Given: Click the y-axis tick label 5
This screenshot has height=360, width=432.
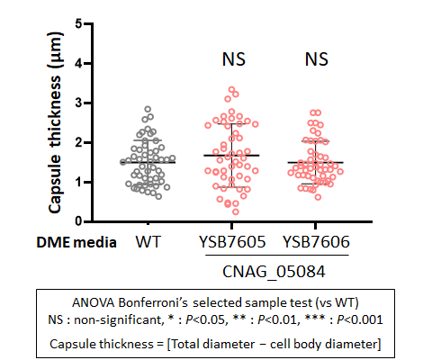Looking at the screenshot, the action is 79,23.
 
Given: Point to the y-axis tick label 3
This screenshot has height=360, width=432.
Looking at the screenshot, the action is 79,103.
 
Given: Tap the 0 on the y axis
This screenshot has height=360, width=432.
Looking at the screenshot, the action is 79,221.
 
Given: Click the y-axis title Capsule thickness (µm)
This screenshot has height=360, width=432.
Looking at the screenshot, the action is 55,122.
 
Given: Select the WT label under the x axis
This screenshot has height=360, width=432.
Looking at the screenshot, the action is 148,242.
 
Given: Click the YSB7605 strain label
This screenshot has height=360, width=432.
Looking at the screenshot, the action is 232,242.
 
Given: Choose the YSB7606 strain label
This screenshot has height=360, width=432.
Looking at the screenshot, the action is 317,242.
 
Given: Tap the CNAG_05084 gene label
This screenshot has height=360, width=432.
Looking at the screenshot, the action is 274,272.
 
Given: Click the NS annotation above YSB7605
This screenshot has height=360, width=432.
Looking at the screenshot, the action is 234,59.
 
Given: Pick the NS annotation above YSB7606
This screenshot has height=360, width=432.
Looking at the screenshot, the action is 317,59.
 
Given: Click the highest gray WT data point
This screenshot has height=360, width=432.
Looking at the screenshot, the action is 148,109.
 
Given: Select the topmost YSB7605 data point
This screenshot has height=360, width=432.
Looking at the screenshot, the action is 232,89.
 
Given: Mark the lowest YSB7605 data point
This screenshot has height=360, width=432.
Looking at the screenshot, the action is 236,211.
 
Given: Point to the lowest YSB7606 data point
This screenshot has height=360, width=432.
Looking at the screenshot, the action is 319,197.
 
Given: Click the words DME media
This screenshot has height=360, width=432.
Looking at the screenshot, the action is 76,242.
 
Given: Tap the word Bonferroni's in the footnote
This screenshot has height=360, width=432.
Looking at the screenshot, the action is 153,302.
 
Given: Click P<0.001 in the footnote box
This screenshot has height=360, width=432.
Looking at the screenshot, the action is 360,319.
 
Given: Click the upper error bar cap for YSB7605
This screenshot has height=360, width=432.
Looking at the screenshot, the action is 232,124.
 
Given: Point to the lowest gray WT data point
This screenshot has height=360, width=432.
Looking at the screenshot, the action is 158,196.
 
